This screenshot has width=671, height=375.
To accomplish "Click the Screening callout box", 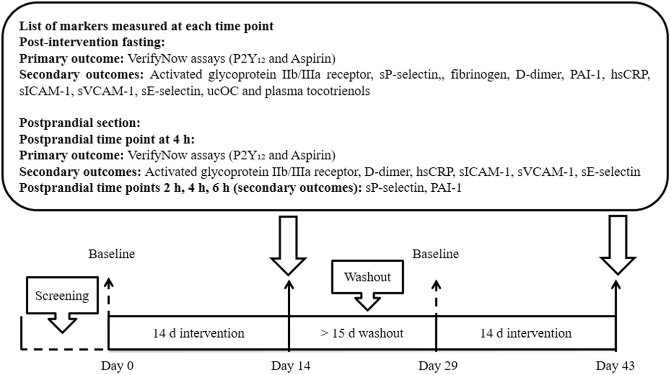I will click(62, 297).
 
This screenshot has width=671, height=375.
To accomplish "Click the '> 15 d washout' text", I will click(362, 332).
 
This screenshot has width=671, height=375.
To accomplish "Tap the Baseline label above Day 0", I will click(111, 254).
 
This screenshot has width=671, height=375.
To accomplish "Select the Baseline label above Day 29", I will click(436, 254).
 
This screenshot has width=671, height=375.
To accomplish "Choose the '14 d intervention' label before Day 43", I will click(525, 332).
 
